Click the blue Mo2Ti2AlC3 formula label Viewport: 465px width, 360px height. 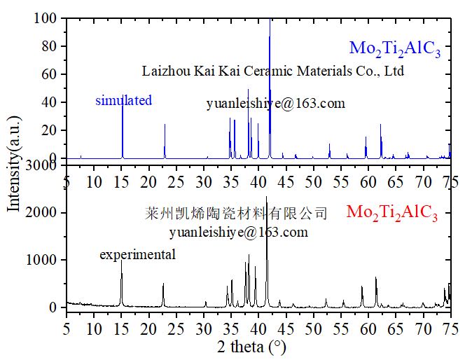[x=395, y=50]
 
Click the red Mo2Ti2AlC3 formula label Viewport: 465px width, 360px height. [x=392, y=214]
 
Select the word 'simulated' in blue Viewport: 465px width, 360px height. [x=123, y=101]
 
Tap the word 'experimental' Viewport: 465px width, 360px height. [x=137, y=255]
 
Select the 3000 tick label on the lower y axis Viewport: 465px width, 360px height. [x=43, y=165]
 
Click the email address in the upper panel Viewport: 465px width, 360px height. [x=275, y=104]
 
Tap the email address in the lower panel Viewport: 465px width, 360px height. [x=238, y=231]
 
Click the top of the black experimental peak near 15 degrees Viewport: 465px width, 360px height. [x=121, y=261]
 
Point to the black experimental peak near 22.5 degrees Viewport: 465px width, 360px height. [x=163, y=284]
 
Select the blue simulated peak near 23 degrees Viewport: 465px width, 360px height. [x=165, y=125]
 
